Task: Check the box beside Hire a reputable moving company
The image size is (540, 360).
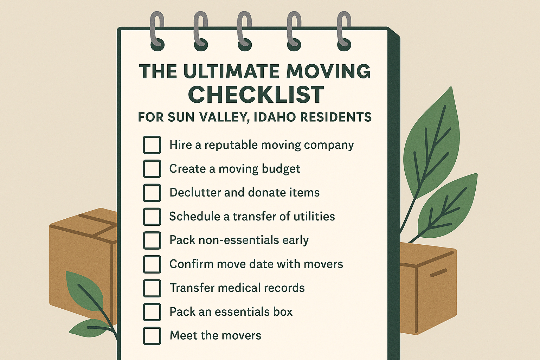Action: (152, 145)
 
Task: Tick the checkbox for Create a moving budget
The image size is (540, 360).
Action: (152, 168)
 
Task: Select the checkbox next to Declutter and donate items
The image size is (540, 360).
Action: (152, 193)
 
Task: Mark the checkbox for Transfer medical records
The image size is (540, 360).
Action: (152, 288)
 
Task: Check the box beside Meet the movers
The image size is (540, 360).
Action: (152, 336)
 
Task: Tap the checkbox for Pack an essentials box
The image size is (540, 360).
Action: (152, 312)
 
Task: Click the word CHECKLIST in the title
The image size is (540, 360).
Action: (256, 94)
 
